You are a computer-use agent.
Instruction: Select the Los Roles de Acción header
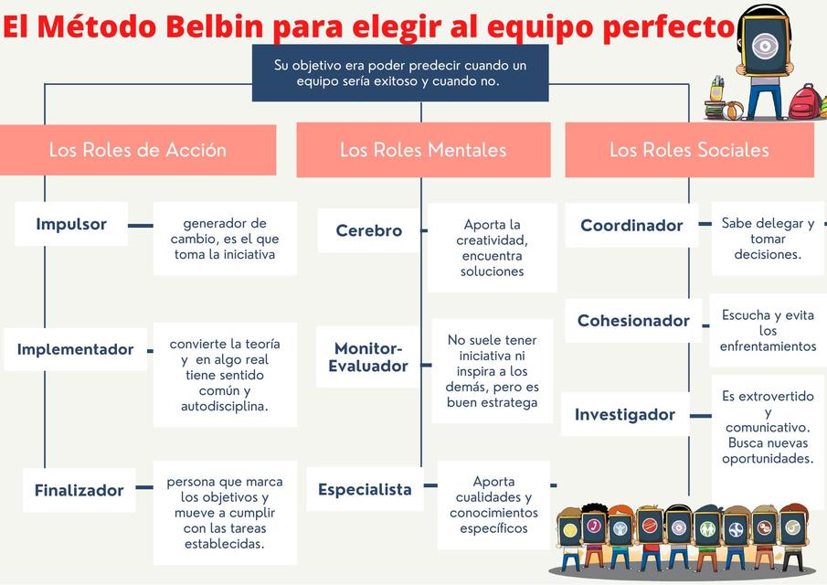138,150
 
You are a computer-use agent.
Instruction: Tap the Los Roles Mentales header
423,150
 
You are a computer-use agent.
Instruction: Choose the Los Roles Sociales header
689,150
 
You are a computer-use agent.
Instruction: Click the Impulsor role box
71,224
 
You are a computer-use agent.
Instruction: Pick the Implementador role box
75,349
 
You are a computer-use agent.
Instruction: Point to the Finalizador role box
79,490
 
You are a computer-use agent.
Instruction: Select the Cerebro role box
368,230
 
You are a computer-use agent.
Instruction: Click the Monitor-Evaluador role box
368,357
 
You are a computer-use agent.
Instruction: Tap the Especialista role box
365,489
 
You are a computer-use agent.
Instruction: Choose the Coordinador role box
631,225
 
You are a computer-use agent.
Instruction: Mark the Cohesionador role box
633,321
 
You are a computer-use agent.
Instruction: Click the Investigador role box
625,414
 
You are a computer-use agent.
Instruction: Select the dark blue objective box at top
400,73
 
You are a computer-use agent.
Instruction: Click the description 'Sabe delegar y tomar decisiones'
768,239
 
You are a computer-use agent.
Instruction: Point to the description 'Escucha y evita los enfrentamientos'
768,330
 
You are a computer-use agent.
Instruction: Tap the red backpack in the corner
804,102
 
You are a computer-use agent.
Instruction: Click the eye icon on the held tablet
761,46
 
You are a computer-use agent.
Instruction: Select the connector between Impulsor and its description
140,225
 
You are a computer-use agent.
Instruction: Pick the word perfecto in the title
668,27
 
